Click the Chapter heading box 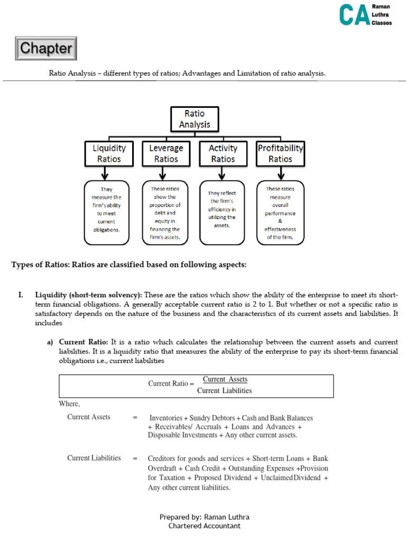pyautogui.click(x=46, y=49)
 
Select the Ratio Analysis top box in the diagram pyautogui.click(x=193, y=119)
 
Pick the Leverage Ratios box pyautogui.click(x=166, y=153)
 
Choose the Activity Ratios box pyautogui.click(x=223, y=153)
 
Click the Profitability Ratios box pyautogui.click(x=280, y=153)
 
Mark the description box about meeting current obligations pyautogui.click(x=106, y=213)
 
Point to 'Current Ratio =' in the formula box pyautogui.click(x=168, y=384)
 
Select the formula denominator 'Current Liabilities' pyautogui.click(x=224, y=391)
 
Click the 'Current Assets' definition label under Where pyautogui.click(x=89, y=417)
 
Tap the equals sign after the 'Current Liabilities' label pyautogui.click(x=135, y=458)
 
